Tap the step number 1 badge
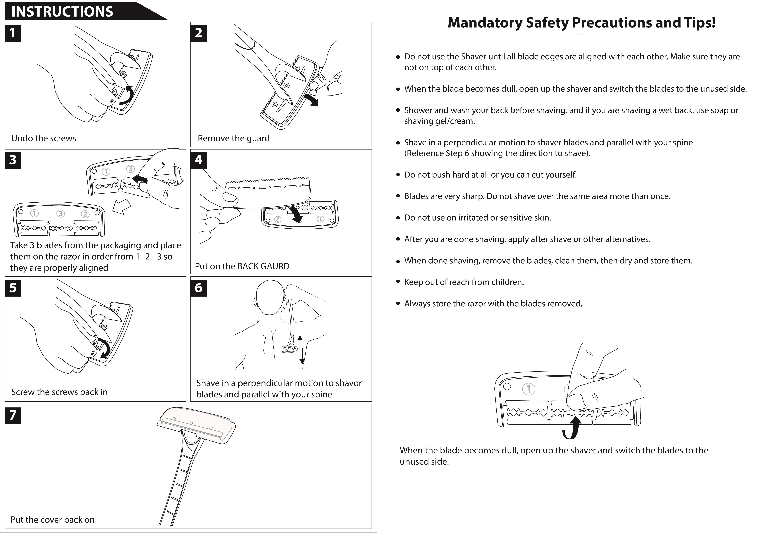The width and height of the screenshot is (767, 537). pyautogui.click(x=13, y=33)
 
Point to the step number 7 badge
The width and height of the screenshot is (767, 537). pyautogui.click(x=13, y=415)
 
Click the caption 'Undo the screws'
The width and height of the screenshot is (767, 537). pyautogui.click(x=44, y=138)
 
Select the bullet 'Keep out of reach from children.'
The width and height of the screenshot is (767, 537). pyautogui.click(x=464, y=282)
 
